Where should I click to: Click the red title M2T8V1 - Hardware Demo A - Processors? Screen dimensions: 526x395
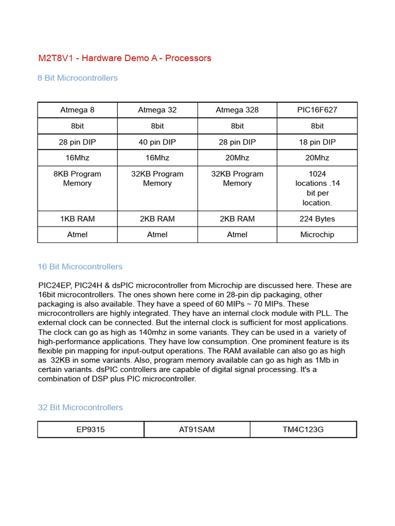(124, 58)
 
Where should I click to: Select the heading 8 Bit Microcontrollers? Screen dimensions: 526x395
(78, 78)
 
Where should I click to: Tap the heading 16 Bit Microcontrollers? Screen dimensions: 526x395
(80, 267)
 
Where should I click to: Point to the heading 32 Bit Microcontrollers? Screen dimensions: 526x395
(80, 407)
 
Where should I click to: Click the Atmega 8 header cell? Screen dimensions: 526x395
(78, 110)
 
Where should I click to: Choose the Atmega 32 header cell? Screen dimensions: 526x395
(157, 110)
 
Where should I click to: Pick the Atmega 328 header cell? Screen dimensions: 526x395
(237, 110)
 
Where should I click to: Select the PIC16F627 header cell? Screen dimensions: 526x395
(317, 110)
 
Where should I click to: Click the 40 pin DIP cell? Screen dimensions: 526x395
(157, 142)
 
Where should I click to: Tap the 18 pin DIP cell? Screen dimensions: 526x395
(317, 142)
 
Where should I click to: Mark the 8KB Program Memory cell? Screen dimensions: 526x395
(78, 179)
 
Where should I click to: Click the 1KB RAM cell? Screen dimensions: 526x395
(78, 219)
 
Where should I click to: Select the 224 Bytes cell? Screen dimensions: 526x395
(317, 219)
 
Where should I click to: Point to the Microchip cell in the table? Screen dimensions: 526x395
(317, 235)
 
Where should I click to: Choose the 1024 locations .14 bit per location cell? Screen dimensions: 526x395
(317, 188)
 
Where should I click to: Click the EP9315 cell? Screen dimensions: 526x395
(91, 429)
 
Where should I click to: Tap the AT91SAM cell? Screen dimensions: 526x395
(197, 429)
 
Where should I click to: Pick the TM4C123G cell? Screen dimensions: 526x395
(303, 429)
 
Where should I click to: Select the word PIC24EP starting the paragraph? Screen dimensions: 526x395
(55, 286)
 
